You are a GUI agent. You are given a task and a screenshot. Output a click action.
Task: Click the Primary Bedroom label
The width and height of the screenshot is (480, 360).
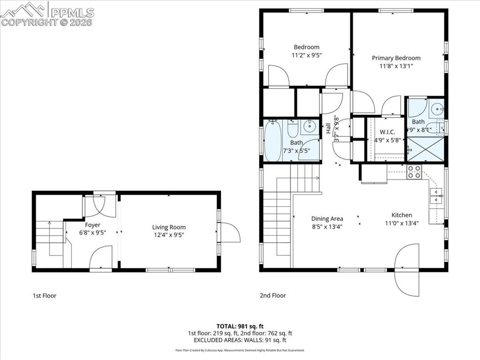[396, 58]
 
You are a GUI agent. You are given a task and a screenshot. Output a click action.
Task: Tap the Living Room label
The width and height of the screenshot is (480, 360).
[169, 227]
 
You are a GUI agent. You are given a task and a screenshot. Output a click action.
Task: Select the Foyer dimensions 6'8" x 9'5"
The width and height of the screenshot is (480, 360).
[92, 232]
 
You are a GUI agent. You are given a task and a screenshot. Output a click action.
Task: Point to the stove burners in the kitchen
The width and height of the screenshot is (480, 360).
[414, 172]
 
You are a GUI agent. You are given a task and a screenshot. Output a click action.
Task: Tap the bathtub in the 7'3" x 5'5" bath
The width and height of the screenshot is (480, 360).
[273, 141]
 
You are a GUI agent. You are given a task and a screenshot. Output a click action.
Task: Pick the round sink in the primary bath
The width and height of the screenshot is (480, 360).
[436, 109]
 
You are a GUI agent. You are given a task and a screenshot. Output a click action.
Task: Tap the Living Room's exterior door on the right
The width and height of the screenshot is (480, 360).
[229, 232]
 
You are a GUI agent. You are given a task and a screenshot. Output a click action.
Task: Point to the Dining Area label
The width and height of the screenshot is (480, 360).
[327, 218]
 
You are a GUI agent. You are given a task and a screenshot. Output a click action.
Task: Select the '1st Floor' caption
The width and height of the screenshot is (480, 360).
[45, 296]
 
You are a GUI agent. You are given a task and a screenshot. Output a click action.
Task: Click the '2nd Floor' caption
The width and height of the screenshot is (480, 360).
[273, 296]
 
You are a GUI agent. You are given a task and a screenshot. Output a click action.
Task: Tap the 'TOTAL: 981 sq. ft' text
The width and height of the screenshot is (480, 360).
[240, 326]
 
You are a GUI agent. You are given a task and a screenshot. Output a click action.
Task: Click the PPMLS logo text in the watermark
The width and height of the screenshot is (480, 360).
[72, 13]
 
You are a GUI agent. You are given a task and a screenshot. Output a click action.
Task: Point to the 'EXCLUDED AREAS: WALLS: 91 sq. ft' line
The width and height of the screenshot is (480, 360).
[240, 340]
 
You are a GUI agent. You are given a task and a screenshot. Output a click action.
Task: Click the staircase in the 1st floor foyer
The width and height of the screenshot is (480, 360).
[49, 234]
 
